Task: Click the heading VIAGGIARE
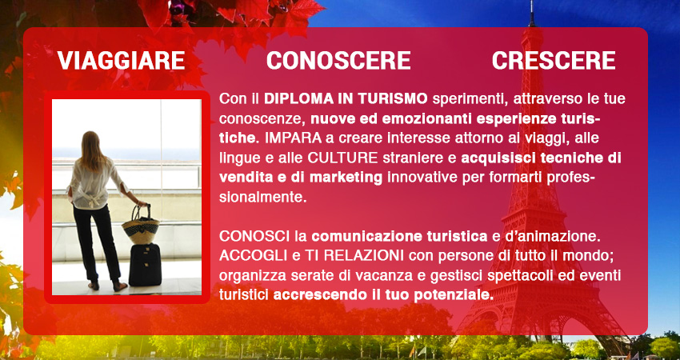click(x=122, y=60)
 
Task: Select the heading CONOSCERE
click(x=338, y=60)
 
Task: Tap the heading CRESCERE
click(x=554, y=60)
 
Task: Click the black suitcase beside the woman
click(x=145, y=265)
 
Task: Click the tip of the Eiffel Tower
click(x=531, y=2)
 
